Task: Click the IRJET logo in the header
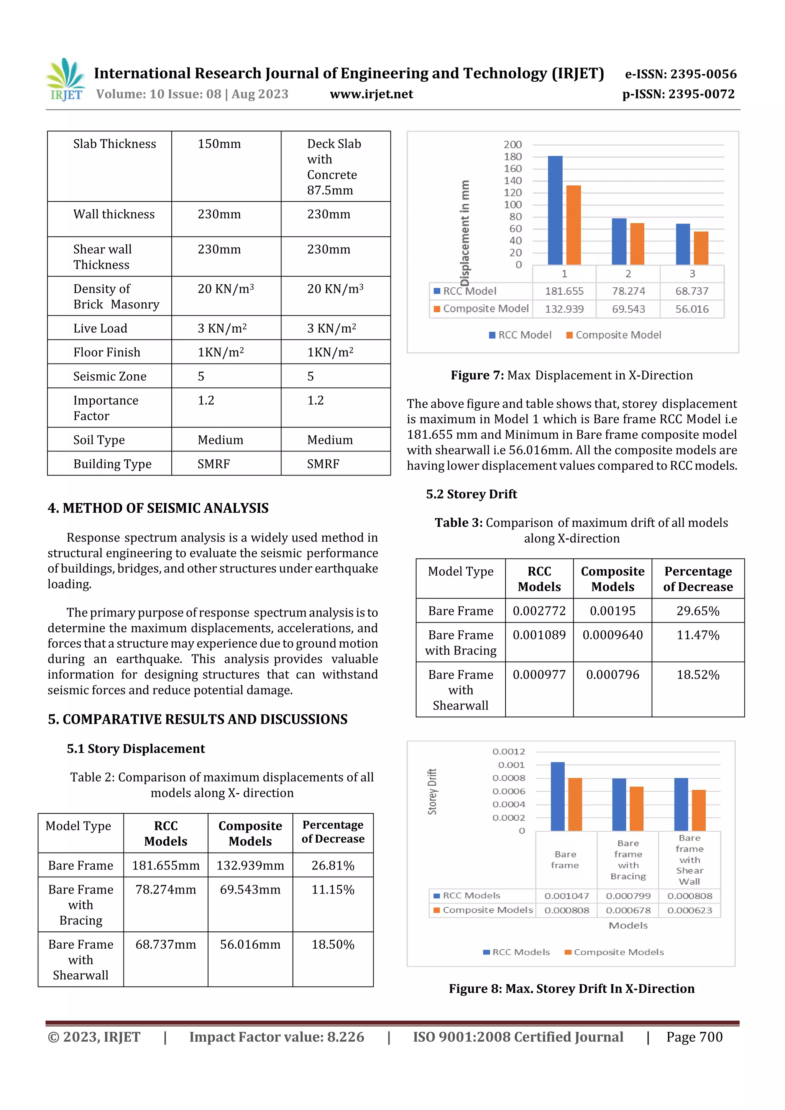click(x=66, y=80)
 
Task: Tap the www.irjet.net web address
click(x=371, y=94)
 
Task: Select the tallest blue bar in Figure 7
click(x=555, y=210)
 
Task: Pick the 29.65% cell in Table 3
click(x=698, y=611)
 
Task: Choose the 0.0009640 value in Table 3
click(x=613, y=635)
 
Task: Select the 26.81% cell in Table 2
click(x=333, y=866)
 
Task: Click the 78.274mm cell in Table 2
click(x=166, y=890)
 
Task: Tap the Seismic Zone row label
click(x=110, y=376)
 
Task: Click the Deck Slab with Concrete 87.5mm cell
click(x=334, y=167)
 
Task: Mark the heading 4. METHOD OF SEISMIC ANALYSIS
click(x=158, y=508)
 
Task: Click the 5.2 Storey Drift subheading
click(x=471, y=494)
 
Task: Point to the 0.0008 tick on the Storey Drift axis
click(x=508, y=778)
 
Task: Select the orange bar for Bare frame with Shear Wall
click(x=698, y=810)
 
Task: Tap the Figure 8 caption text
click(x=571, y=989)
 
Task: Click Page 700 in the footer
click(x=694, y=1037)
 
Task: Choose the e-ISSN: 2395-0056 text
click(x=680, y=74)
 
